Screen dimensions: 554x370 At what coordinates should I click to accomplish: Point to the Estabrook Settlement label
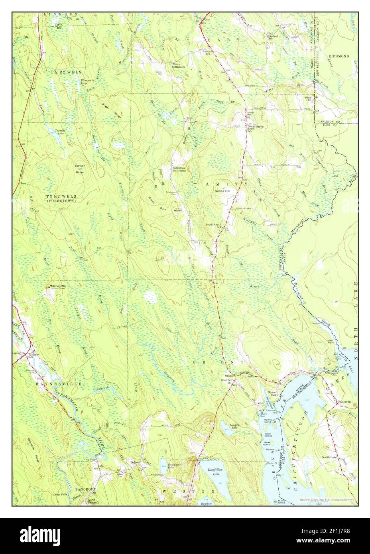pyautogui.click(x=179, y=169)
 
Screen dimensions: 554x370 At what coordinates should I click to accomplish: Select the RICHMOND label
pyautogui.click(x=339, y=57)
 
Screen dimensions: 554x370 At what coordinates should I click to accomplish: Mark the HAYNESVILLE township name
pyautogui.click(x=59, y=383)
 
